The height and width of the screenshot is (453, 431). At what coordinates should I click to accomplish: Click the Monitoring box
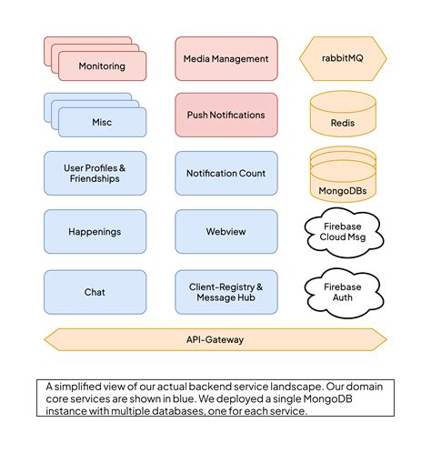(102, 66)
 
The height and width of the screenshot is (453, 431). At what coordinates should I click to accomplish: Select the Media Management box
(226, 59)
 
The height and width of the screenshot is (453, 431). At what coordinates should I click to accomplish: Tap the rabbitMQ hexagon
(343, 59)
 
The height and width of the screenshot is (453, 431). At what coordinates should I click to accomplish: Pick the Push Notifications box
(226, 116)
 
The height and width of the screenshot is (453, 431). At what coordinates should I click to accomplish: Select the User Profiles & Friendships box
(95, 174)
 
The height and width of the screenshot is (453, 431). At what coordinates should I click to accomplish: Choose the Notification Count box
(226, 174)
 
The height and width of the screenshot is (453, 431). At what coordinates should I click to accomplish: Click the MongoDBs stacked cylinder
(343, 175)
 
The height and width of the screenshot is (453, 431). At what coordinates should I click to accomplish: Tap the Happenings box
(95, 233)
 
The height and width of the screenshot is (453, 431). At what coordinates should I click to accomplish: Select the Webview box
(226, 233)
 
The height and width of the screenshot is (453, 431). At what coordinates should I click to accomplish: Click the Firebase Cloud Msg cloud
(343, 231)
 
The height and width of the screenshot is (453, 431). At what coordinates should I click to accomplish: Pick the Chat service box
(95, 292)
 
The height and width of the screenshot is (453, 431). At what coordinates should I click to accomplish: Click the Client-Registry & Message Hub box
(226, 292)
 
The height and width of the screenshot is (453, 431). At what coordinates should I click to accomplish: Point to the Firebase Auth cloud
(343, 291)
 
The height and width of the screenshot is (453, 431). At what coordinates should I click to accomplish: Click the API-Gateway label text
(215, 339)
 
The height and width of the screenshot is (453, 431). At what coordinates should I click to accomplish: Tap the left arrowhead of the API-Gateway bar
(51, 339)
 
